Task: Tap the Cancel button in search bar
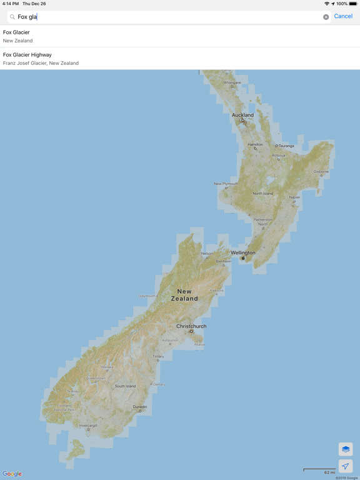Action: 343,16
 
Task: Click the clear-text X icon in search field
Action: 326,17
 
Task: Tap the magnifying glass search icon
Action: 12,17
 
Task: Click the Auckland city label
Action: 242,115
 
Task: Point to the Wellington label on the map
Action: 242,253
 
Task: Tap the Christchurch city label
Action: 191,326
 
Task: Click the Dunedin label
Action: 140,407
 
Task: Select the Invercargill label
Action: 88,426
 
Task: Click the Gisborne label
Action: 321,171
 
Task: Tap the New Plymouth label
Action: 226,184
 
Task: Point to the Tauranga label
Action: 286,146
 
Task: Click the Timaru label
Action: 158,356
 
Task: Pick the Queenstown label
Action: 96,378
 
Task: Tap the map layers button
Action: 346,449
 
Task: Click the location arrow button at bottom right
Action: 346,466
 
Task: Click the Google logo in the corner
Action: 12,474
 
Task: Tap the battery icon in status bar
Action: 353,4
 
